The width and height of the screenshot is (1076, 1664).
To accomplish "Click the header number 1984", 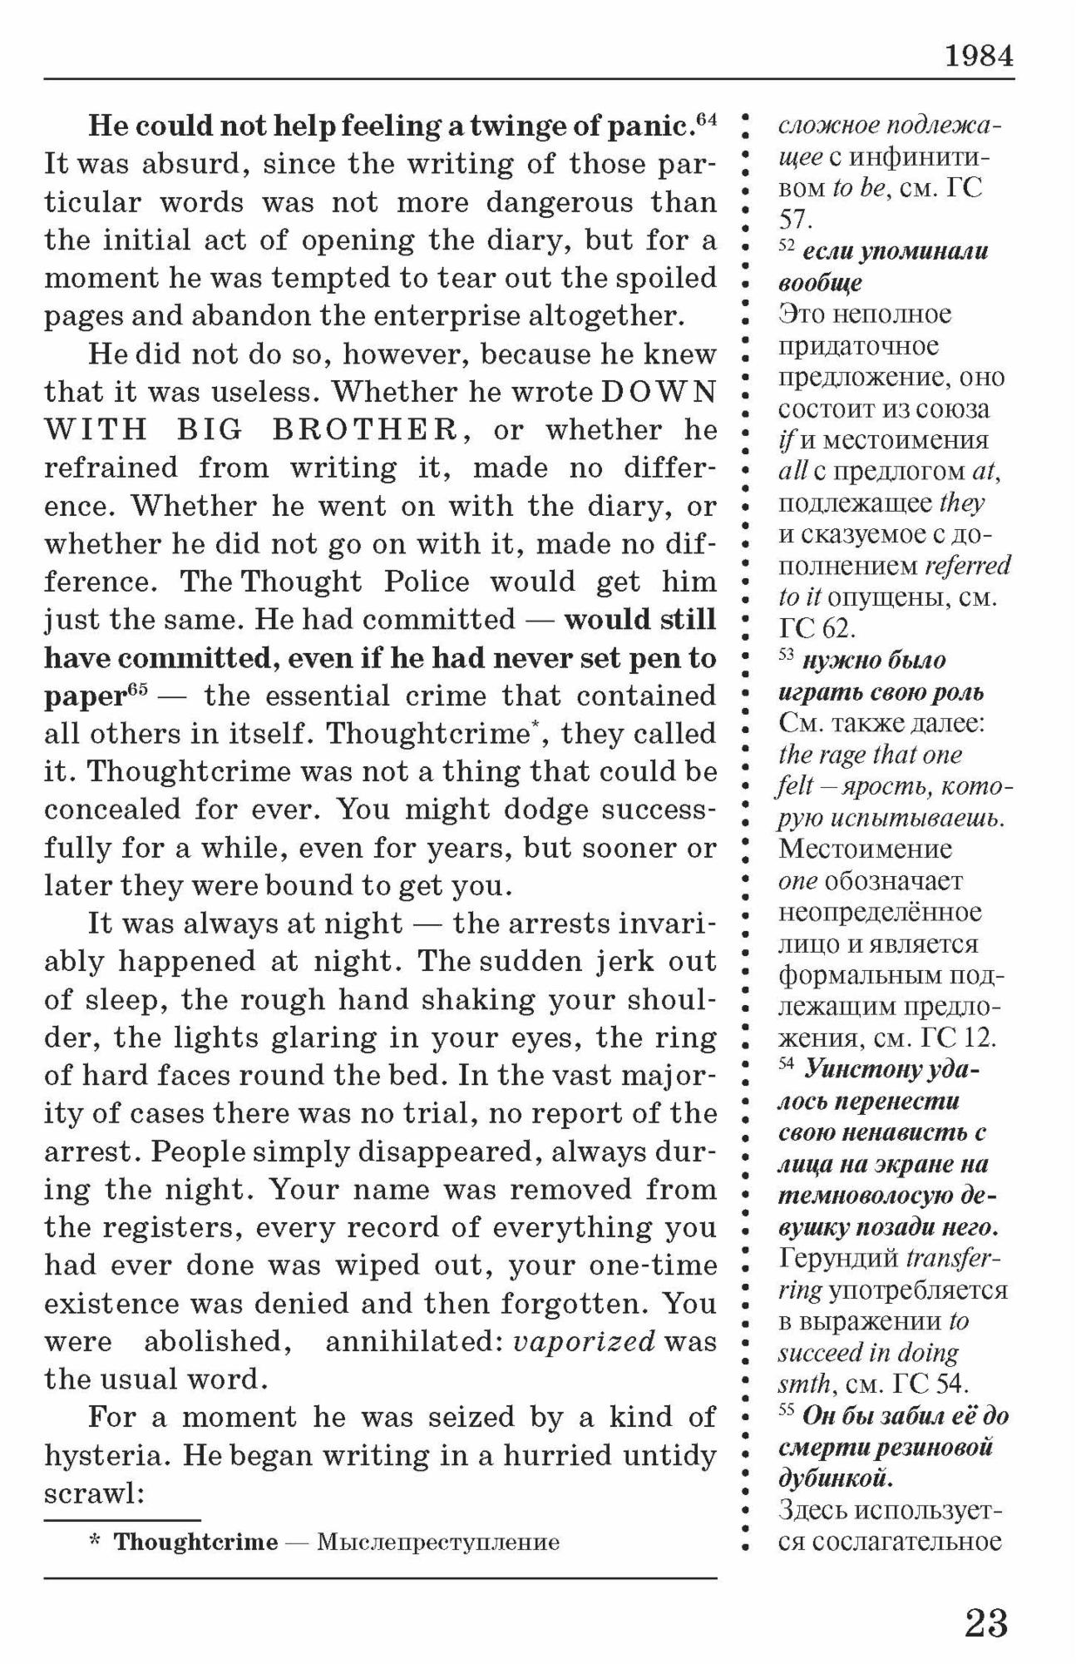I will tap(979, 57).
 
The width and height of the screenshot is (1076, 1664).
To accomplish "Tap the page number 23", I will tap(986, 1622).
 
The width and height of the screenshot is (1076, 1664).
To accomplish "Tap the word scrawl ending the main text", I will tap(95, 1493).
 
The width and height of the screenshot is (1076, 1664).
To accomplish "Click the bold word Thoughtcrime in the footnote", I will tap(195, 1542).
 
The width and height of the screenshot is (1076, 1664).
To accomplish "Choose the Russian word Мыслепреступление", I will tap(438, 1543).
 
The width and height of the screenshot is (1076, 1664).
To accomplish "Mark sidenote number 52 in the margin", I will tap(786, 246).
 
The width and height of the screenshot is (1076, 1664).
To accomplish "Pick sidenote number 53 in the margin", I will tap(787, 656).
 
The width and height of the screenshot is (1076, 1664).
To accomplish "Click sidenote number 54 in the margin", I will tap(787, 1063).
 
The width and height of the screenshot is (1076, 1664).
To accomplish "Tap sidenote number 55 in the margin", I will tap(787, 1410).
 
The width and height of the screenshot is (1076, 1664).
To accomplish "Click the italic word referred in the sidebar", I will tap(967, 566).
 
